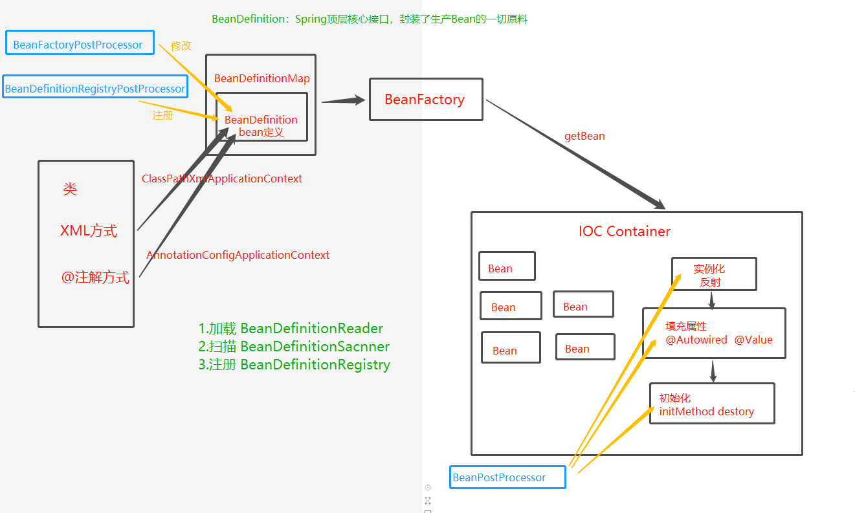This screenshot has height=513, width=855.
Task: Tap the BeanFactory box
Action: pos(425,100)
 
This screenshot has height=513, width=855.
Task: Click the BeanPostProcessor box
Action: pos(507,477)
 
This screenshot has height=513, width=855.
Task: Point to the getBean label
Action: pos(584,136)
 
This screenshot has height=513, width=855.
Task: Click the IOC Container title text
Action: pos(624,232)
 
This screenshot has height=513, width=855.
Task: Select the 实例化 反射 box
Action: pos(713,274)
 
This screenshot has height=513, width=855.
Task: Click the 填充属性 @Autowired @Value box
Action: pos(713,333)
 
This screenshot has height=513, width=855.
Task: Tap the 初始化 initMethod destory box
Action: pos(711,404)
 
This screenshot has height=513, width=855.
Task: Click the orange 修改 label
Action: pos(181,46)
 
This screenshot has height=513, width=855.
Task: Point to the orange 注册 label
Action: pos(162,116)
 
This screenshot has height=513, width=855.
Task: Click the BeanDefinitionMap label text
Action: pos(261,78)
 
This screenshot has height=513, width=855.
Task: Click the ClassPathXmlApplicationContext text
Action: pos(222,179)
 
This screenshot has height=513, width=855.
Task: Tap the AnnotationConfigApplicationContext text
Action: pos(238,255)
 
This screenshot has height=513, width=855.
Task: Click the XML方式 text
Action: pos(89,231)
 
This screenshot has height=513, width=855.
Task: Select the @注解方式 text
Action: pos(95,278)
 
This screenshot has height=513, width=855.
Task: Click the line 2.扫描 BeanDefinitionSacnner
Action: pos(294,346)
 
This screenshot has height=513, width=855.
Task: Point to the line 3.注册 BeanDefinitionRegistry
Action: pos(294,364)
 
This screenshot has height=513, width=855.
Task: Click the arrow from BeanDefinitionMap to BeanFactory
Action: pos(343,100)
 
